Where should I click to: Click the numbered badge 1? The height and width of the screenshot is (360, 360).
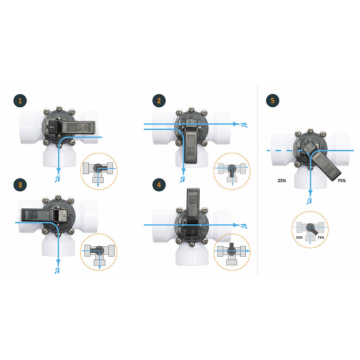coord(20,101)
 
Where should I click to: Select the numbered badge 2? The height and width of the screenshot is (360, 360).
coord(159,101)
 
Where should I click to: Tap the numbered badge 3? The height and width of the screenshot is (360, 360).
coord(20,185)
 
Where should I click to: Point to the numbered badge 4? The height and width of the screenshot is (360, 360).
coord(159,185)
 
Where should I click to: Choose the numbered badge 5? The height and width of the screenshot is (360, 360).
coord(272,101)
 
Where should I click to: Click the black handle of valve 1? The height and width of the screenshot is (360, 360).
coord(71,127)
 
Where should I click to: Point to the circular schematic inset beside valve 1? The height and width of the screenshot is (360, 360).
coord(99,171)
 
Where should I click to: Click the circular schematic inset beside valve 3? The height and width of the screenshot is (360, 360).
coord(99,252)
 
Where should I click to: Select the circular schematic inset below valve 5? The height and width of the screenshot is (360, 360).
coord(310,230)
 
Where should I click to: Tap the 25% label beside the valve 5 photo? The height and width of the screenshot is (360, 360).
coord(282,181)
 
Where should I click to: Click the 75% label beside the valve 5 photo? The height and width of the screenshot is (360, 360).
coord(341,181)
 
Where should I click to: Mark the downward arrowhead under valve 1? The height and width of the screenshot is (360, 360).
coord(58,170)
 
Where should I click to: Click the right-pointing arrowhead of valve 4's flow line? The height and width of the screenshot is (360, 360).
coord(236,225)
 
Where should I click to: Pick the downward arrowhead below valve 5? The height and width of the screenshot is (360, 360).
coord(310,192)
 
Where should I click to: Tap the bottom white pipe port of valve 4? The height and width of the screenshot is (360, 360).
coord(192,255)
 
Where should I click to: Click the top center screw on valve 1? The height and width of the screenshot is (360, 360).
coord(59,108)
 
